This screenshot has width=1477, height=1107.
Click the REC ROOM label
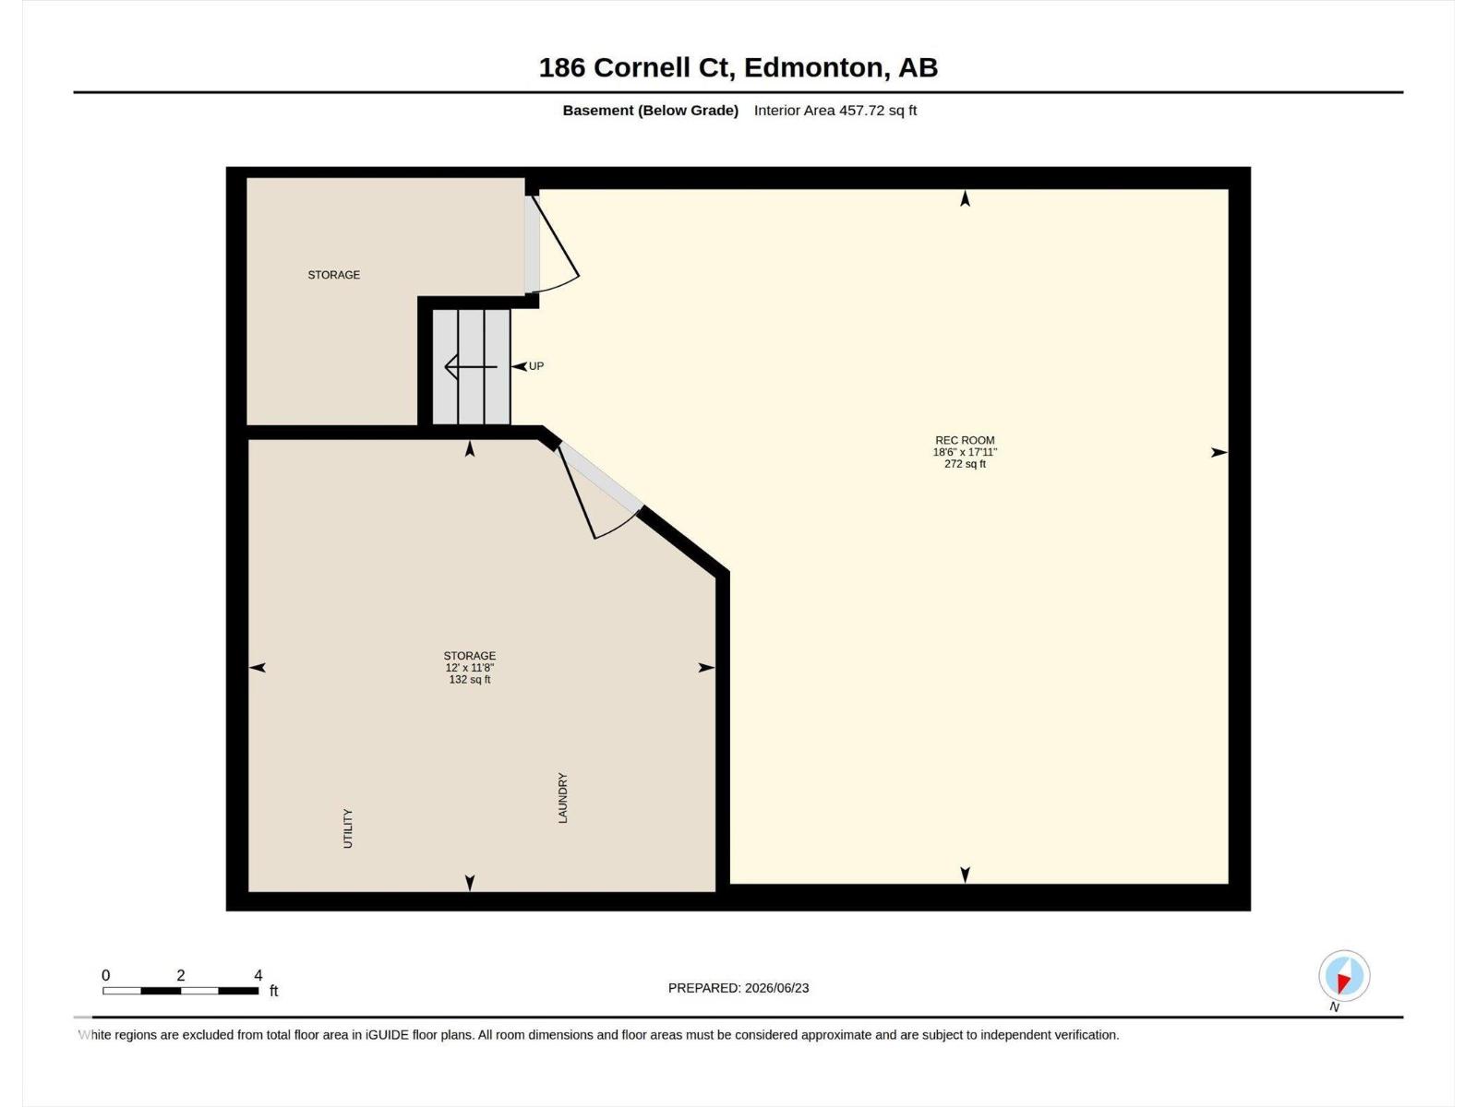point(965,440)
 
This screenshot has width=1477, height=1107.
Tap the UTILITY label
point(348,828)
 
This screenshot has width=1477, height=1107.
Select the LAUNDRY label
point(562,798)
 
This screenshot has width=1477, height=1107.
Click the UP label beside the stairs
point(535,366)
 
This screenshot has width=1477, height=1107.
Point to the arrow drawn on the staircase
point(471,367)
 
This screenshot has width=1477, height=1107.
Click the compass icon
point(1344,976)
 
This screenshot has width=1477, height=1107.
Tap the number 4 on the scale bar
point(258,975)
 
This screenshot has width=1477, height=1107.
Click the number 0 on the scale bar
point(105,975)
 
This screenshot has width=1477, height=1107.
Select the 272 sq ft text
point(965,464)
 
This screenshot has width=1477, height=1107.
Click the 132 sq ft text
point(470,680)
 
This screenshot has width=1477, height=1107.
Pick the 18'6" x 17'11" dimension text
point(965,452)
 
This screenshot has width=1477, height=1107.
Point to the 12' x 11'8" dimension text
point(470,667)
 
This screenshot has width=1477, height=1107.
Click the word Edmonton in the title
point(813,68)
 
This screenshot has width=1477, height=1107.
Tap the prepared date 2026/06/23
point(776,988)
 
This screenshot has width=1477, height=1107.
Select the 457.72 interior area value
point(861,110)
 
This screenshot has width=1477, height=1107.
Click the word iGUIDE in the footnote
point(387,1035)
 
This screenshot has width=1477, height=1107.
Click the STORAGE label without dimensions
point(334,275)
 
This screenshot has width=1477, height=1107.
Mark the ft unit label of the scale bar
point(274,991)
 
